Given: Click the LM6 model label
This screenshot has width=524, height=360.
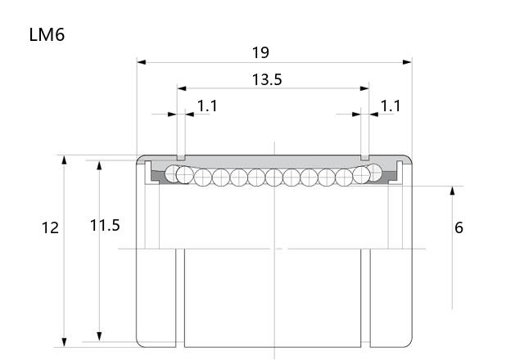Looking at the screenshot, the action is [47, 34].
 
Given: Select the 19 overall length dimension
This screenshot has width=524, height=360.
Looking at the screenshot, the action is [260, 52].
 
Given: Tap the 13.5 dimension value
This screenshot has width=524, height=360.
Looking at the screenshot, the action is [267, 79].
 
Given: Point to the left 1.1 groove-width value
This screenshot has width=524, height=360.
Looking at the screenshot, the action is [207, 106].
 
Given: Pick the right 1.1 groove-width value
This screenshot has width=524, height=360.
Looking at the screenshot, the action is [391, 106].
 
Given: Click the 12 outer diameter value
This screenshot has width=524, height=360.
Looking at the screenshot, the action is [50, 227].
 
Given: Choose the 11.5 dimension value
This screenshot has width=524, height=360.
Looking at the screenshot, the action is [105, 226].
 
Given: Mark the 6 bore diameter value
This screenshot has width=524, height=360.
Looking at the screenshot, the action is [458, 227].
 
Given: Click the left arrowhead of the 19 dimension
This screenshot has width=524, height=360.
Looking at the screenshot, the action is [142, 62].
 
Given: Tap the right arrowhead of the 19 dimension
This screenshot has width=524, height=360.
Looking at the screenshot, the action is [407, 62].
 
